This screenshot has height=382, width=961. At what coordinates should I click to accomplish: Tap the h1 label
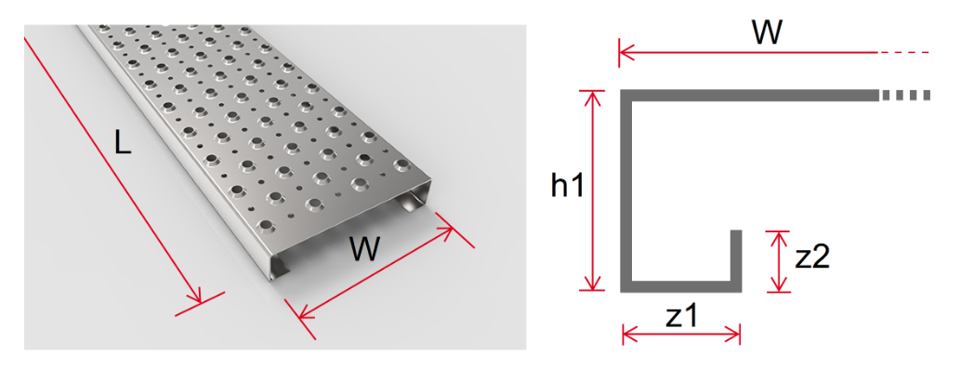pyautogui.click(x=567, y=187)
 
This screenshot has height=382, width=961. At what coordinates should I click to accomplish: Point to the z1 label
pyautogui.click(x=681, y=316)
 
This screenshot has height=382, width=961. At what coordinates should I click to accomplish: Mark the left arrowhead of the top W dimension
pyautogui.click(x=625, y=52)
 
